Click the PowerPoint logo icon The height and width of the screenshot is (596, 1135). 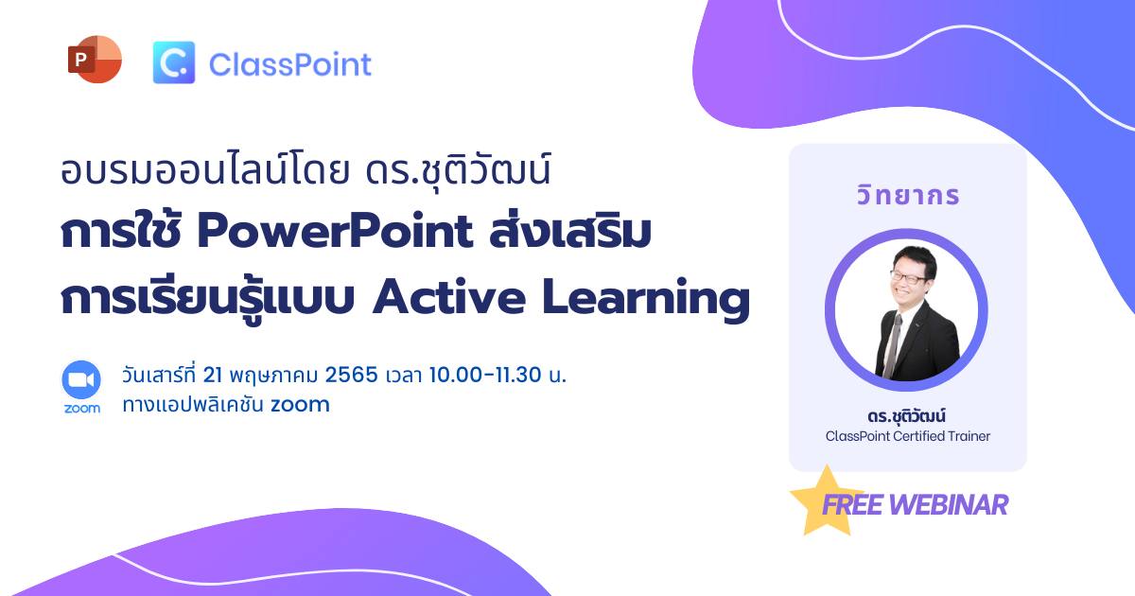[95, 60]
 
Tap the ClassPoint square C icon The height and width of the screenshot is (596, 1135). [174, 62]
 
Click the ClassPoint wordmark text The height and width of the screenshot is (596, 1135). [289, 65]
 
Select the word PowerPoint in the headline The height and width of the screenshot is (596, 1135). [335, 232]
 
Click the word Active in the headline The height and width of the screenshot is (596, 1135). [449, 297]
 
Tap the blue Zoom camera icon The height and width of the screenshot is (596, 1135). [81, 379]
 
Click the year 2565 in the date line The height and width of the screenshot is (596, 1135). [351, 375]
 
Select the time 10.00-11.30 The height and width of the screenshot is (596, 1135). [485, 375]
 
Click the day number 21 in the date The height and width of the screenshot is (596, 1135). [212, 375]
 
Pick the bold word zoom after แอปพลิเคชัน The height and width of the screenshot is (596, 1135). [300, 405]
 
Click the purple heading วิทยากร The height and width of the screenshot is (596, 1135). [908, 195]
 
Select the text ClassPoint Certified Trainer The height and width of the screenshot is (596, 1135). [907, 436]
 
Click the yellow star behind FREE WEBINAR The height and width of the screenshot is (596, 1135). [825, 502]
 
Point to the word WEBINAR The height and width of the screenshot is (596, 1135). [949, 505]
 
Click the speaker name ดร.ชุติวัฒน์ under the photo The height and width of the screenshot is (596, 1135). [906, 416]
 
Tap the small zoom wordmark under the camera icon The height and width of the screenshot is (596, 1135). [81, 409]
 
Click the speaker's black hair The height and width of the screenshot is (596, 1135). [915, 257]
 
